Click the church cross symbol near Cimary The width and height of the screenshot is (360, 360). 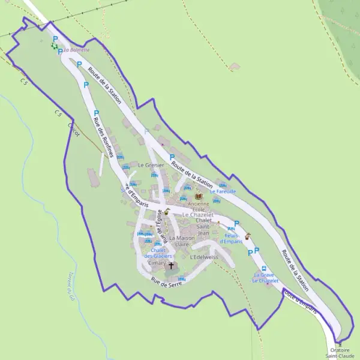coord(171,265)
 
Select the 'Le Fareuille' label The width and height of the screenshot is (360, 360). coord(223,191)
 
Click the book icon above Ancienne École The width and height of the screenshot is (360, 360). coord(199,196)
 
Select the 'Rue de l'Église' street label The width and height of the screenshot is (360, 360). coord(158,230)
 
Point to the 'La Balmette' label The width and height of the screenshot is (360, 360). coord(76,50)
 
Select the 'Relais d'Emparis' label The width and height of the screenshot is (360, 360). coord(232,238)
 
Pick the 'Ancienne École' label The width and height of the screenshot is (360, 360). coord(199,206)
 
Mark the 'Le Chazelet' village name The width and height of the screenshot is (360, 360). coord(198,215)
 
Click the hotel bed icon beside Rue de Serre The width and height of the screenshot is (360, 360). coord(181,278)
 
